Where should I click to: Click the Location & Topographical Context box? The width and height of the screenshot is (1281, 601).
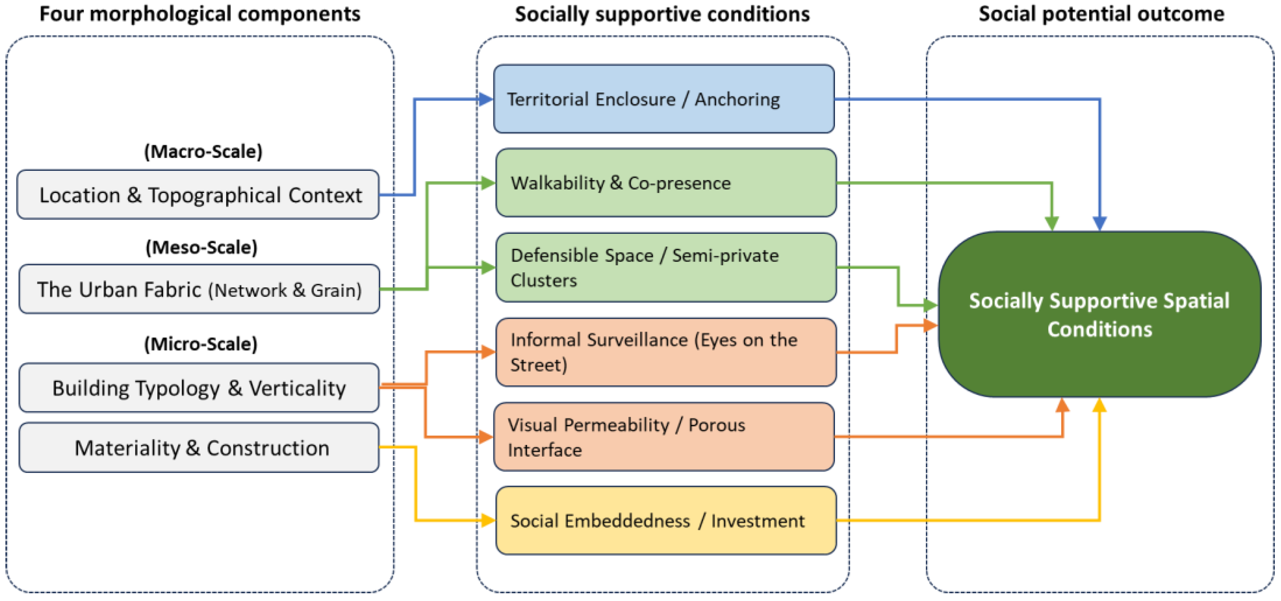[x=198, y=195]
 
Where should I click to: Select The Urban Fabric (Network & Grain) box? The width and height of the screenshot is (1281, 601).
[x=199, y=289]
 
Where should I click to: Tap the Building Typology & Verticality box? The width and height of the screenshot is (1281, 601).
[x=199, y=388]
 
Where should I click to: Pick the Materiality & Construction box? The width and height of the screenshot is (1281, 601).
[x=199, y=447]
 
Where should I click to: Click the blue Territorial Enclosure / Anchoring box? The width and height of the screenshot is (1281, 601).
[x=664, y=99]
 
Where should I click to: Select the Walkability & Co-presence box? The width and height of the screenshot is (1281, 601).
[x=666, y=182]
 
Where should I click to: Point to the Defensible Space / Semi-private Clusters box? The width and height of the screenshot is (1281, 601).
[x=666, y=267]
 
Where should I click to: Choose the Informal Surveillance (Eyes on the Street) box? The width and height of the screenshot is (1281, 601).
[x=666, y=352]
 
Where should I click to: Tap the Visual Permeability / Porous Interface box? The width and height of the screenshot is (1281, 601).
[x=664, y=436]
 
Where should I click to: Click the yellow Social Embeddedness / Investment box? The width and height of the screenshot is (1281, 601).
[x=666, y=521]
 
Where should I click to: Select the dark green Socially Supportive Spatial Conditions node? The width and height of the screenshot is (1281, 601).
[x=1100, y=314]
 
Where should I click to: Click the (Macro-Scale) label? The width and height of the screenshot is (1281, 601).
[x=203, y=151]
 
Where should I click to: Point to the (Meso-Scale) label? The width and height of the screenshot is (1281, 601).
[x=201, y=247]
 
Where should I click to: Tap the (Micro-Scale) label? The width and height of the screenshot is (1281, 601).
[x=201, y=344]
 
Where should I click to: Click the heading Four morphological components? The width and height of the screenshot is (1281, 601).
[x=200, y=14]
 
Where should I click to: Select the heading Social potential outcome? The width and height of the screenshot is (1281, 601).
[x=1101, y=14]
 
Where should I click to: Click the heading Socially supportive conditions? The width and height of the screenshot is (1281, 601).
[x=662, y=14]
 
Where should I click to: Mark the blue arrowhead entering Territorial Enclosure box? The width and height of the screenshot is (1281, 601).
[x=485, y=99]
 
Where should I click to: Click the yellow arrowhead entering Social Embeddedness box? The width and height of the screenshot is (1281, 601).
[x=488, y=521]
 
